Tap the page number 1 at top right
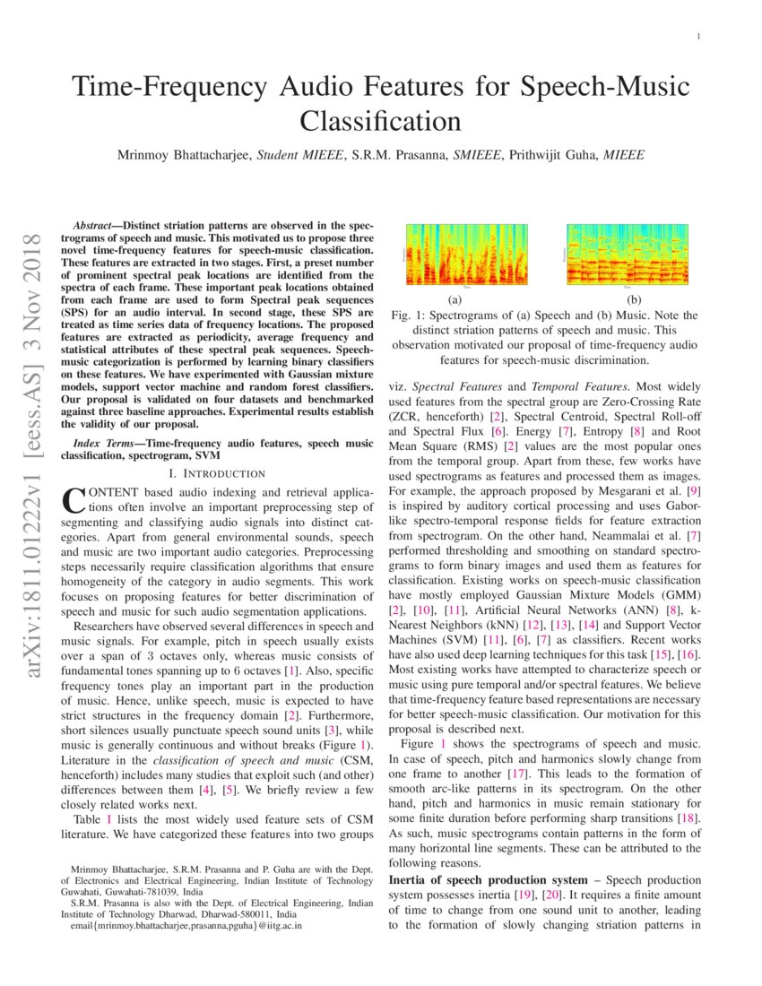tap(697, 37)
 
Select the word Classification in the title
tap(380, 120)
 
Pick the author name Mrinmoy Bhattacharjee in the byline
tap(184, 156)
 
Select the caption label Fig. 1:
tap(412, 316)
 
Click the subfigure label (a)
tap(455, 299)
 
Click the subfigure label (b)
tap(634, 299)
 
